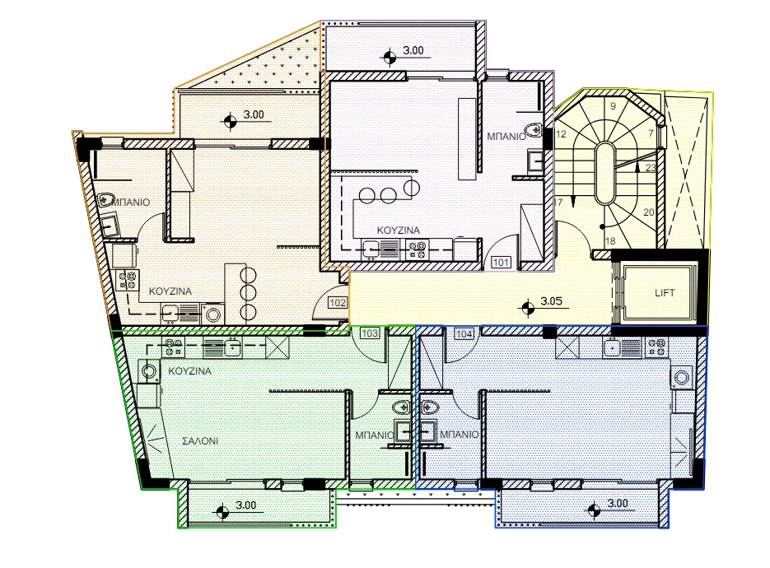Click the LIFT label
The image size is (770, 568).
coord(665,292)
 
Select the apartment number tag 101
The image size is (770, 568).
coord(501,262)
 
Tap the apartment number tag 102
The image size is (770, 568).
coord(338,302)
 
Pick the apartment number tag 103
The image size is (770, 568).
coord(370,333)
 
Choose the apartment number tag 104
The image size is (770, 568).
coord(464,334)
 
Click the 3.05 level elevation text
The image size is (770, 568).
coord(551,301)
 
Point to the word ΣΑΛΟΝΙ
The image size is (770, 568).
coord(200,441)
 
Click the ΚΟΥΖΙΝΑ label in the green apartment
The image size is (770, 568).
coord(189,371)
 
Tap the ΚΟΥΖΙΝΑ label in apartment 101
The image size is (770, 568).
coord(399,230)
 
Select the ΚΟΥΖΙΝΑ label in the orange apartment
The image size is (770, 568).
coord(170,291)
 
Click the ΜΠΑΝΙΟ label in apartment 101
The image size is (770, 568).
coord(506,137)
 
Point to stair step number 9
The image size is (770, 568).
coord(613,106)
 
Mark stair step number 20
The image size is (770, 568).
coord(649,212)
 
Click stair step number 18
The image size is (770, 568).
coord(610,241)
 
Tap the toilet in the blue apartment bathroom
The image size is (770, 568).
coord(430,407)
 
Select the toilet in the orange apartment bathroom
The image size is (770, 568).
coord(106,200)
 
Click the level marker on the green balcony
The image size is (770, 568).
coord(222,511)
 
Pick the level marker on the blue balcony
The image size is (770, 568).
coord(595,510)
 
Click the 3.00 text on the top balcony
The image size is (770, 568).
coord(413,50)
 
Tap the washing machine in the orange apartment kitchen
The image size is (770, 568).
coord(213,314)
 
